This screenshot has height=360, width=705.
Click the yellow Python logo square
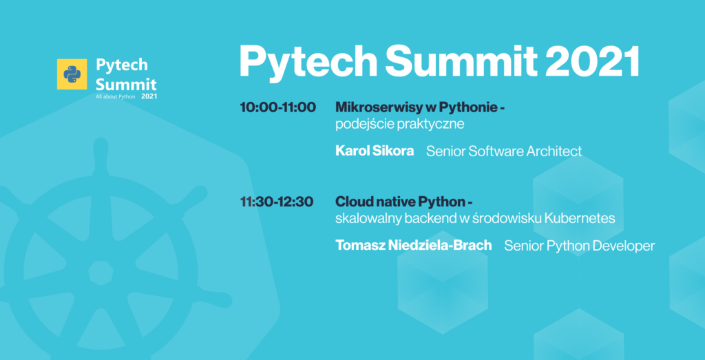coord(72,74)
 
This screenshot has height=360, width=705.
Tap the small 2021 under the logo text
coord(149,96)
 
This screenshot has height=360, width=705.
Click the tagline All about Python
coord(116,97)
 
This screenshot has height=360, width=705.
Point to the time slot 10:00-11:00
coord(278,107)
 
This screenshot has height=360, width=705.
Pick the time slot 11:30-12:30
coord(277,202)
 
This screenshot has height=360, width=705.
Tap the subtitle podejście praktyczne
coord(400,125)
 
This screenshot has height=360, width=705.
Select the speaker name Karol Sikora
coord(375,151)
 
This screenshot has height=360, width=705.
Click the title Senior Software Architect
coord(504,151)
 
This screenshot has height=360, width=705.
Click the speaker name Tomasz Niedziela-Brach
coord(414,246)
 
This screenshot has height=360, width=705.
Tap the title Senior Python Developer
coord(580,246)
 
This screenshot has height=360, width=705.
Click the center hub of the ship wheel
coord(101,273)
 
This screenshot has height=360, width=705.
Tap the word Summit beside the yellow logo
coord(126,84)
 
